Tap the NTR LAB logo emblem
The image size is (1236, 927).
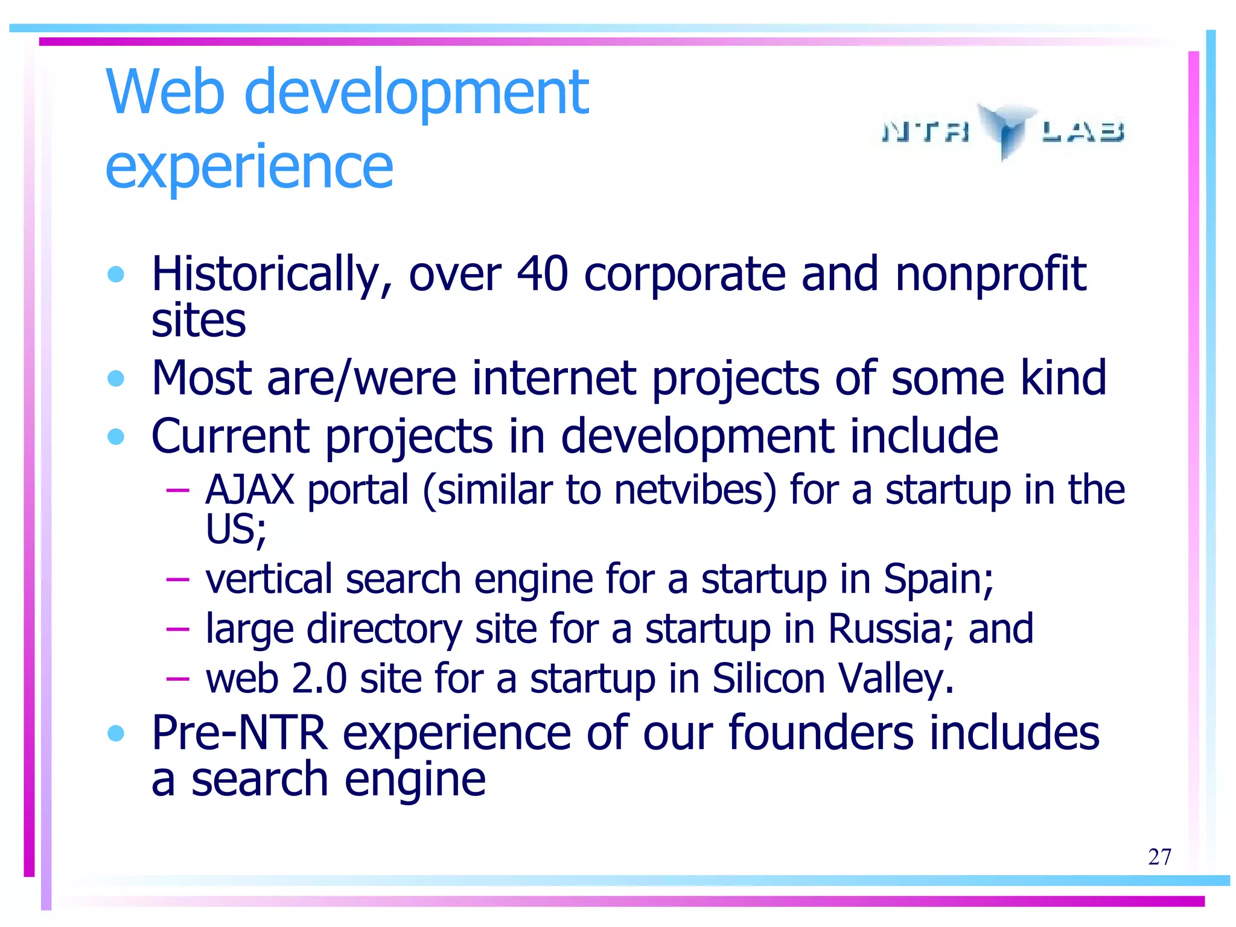pyautogui.click(x=1006, y=130)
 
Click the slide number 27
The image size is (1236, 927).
pyautogui.click(x=1159, y=857)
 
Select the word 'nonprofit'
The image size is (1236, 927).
pyautogui.click(x=990, y=275)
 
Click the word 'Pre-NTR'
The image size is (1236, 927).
pyautogui.click(x=240, y=733)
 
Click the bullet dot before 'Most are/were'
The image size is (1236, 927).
pyautogui.click(x=115, y=379)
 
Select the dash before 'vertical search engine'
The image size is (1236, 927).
pyautogui.click(x=177, y=580)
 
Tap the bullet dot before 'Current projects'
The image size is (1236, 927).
pyautogui.click(x=115, y=436)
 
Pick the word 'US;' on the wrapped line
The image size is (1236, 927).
pyautogui.click(x=236, y=530)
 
